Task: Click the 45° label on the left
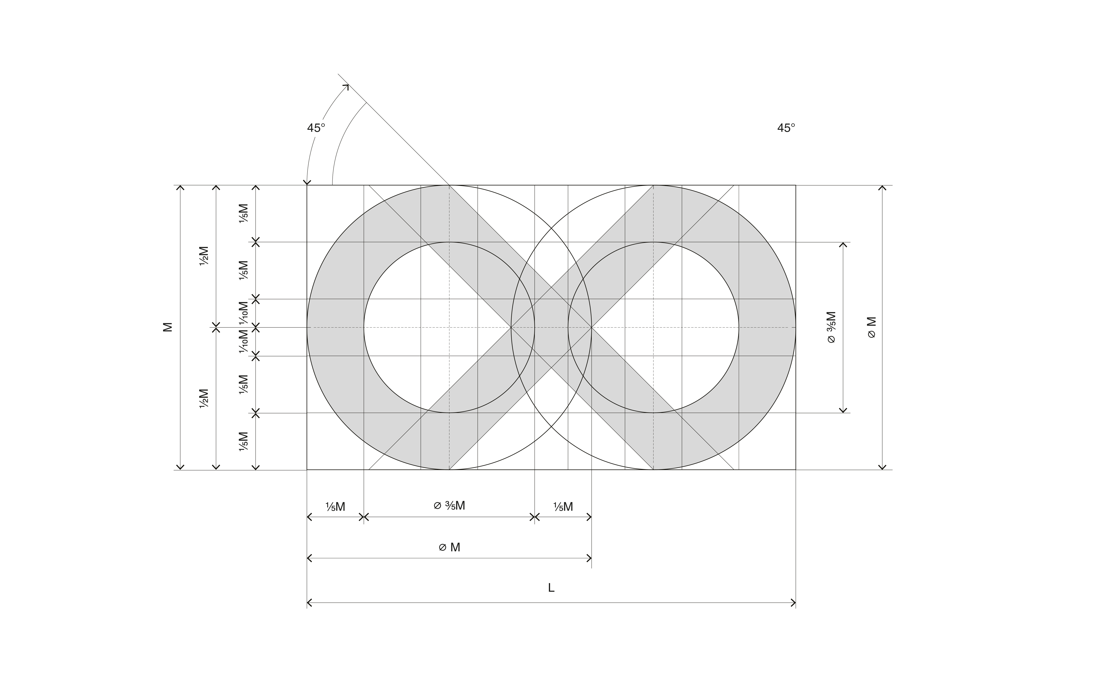[316, 128]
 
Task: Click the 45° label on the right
[786, 128]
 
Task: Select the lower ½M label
[204, 398]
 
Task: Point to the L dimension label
[551, 588]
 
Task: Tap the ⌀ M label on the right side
[872, 327]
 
